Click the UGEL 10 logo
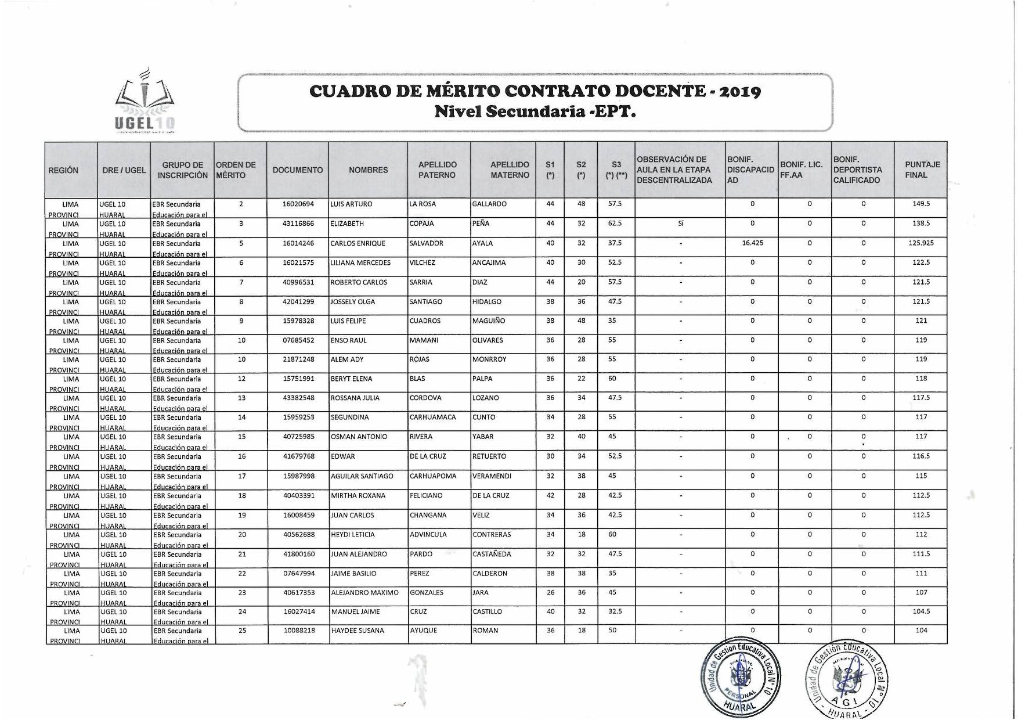tap(145, 102)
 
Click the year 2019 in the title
tap(738, 92)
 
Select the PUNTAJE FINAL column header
tap(920, 170)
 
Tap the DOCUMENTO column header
tap(298, 170)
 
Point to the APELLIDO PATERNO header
tap(438, 170)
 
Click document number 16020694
tap(298, 204)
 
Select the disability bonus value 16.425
tap(752, 243)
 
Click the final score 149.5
tap(921, 204)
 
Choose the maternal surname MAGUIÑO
tap(489, 321)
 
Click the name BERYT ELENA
tap(351, 379)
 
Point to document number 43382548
tap(299, 398)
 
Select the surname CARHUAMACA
tap(432, 417)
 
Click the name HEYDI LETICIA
tap(353, 535)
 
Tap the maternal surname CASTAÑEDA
tap(492, 555)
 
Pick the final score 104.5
tap(921, 612)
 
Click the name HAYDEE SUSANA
tap(358, 631)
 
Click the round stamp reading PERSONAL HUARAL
tap(741, 679)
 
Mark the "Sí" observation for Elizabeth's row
tap(680, 224)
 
